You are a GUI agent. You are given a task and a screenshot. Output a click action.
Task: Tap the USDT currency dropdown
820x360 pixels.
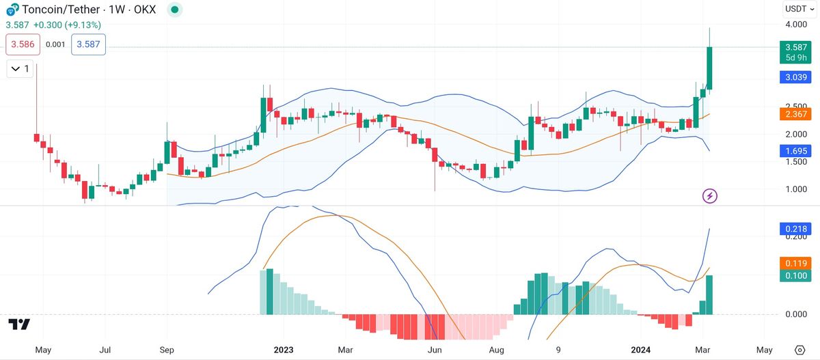[x=798, y=9]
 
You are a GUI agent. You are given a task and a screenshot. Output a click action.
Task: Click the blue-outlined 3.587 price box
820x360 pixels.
[x=88, y=45]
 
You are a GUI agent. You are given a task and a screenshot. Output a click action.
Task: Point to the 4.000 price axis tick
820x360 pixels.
[x=796, y=25]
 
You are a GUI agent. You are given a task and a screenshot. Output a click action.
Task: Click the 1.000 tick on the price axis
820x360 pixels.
[x=796, y=189]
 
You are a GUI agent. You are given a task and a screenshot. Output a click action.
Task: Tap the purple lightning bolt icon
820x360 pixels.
[x=710, y=196]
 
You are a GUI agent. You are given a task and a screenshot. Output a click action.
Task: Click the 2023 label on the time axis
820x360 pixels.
[x=283, y=350]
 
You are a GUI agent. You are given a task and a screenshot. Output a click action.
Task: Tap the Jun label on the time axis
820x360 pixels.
[x=432, y=350]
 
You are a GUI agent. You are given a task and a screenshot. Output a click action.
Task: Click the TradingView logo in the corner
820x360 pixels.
[x=19, y=324]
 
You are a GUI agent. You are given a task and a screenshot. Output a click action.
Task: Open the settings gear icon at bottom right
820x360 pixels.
[x=799, y=350]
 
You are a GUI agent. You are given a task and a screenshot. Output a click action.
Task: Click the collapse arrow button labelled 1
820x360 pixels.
[x=19, y=68]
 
